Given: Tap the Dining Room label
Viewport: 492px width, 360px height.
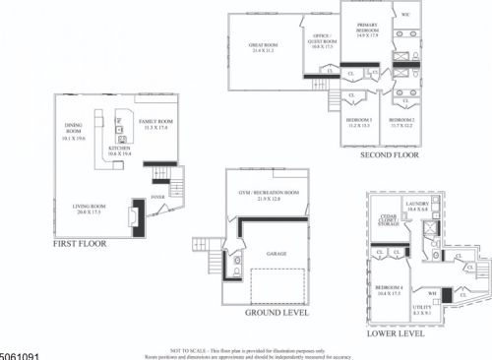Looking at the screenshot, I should (74, 127).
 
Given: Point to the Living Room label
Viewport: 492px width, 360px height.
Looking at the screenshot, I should (89, 209).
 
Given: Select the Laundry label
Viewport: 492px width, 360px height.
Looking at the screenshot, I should (417, 207).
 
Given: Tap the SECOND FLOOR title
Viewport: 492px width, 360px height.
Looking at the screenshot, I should (392, 154).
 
